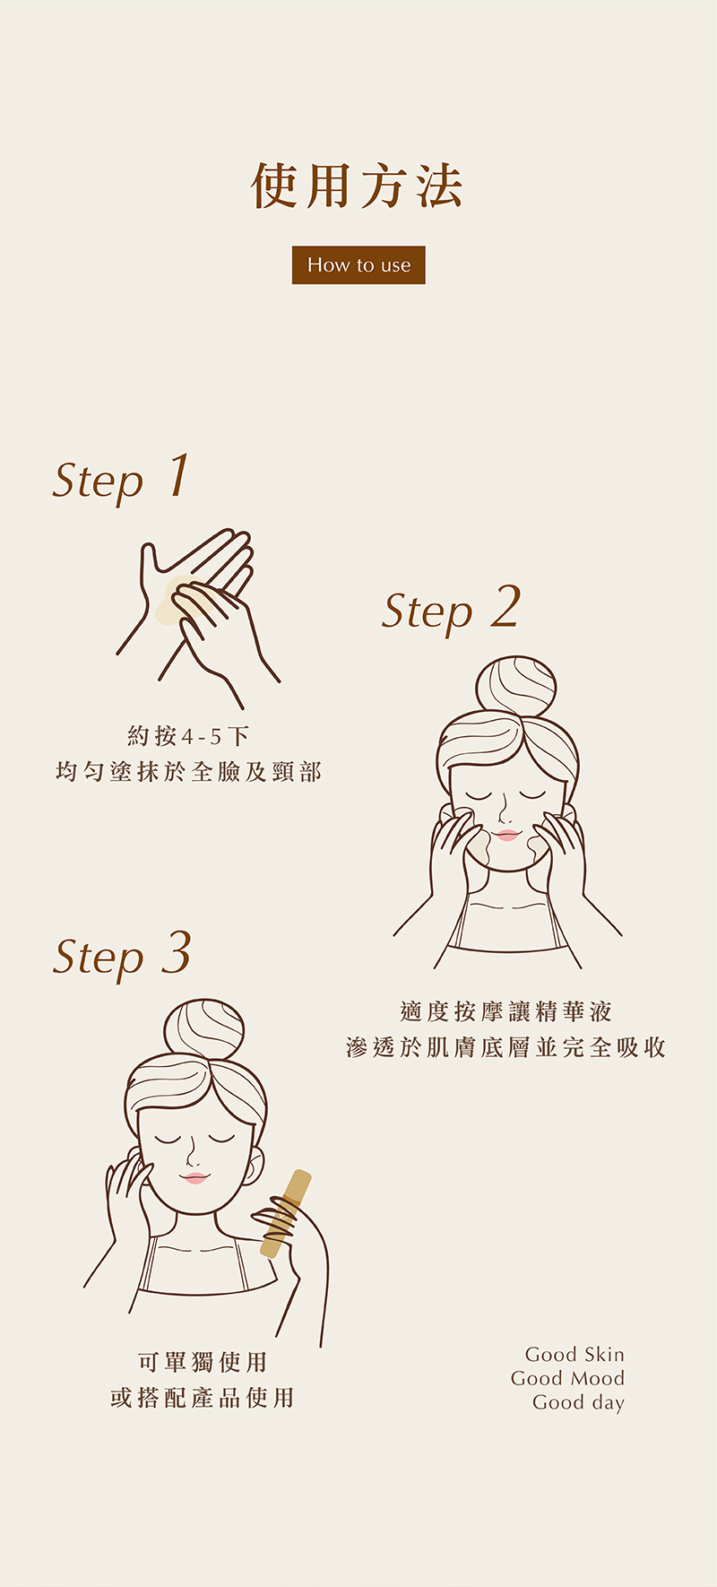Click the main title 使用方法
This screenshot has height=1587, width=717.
pyautogui.click(x=358, y=186)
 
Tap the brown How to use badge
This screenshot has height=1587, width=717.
pyautogui.click(x=358, y=264)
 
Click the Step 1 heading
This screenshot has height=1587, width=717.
pyautogui.click(x=122, y=478)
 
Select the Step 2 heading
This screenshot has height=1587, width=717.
pyautogui.click(x=451, y=609)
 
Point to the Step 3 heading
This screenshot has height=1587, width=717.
pyautogui.click(x=122, y=954)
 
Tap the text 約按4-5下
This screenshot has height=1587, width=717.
pyautogui.click(x=188, y=736)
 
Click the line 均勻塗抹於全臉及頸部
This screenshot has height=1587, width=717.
pyautogui.click(x=188, y=771)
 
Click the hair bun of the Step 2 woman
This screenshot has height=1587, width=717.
pyautogui.click(x=515, y=687)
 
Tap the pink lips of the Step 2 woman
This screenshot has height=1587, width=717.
pyautogui.click(x=506, y=835)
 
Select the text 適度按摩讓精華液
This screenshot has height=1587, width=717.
pyautogui.click(x=506, y=1011)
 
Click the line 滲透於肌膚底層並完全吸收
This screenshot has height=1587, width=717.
pyautogui.click(x=506, y=1046)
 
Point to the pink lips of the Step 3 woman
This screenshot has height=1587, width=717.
pyautogui.click(x=194, y=1177)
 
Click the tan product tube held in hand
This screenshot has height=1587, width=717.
pyautogui.click(x=286, y=1214)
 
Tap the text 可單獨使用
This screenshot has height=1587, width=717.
pyautogui.click(x=203, y=1362)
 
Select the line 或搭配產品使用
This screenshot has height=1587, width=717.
pyautogui.click(x=203, y=1397)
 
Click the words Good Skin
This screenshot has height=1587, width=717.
pyautogui.click(x=574, y=1354)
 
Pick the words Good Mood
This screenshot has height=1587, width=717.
pyautogui.click(x=567, y=1378)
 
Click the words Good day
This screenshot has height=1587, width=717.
pyautogui.click(x=578, y=1403)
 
